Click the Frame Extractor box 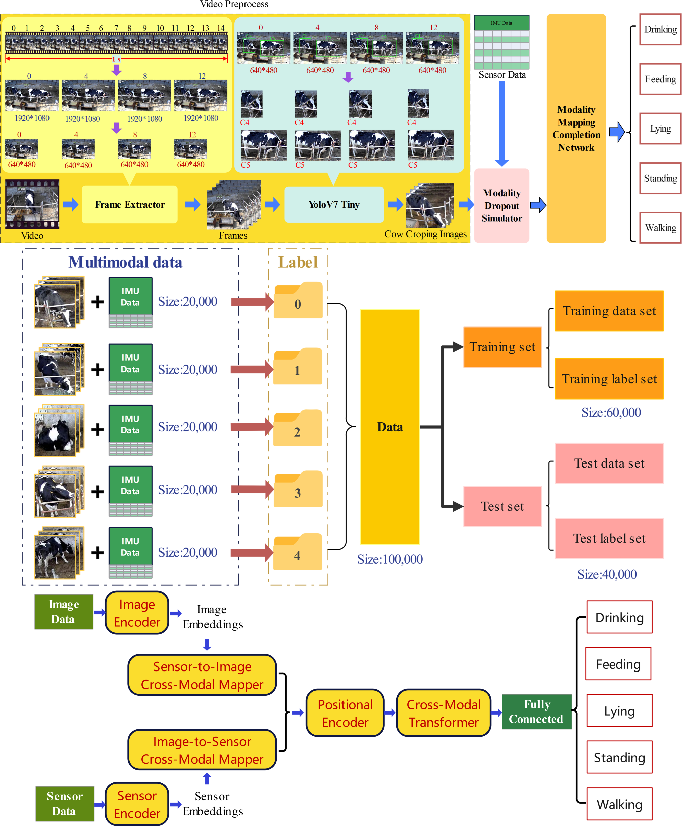(x=129, y=205)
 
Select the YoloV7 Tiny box (x=334, y=205)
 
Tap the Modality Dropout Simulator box (x=502, y=205)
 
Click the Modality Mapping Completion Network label (x=576, y=129)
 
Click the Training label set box (x=609, y=379)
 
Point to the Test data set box (x=609, y=463)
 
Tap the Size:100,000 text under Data (x=390, y=559)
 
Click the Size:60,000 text (x=611, y=412)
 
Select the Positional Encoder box (x=345, y=713)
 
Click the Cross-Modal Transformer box (x=444, y=713)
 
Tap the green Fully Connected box (x=536, y=712)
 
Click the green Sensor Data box (x=65, y=804)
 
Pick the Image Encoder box (x=137, y=613)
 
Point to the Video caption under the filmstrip (x=32, y=236)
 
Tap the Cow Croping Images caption (x=425, y=234)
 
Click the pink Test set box (x=502, y=506)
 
